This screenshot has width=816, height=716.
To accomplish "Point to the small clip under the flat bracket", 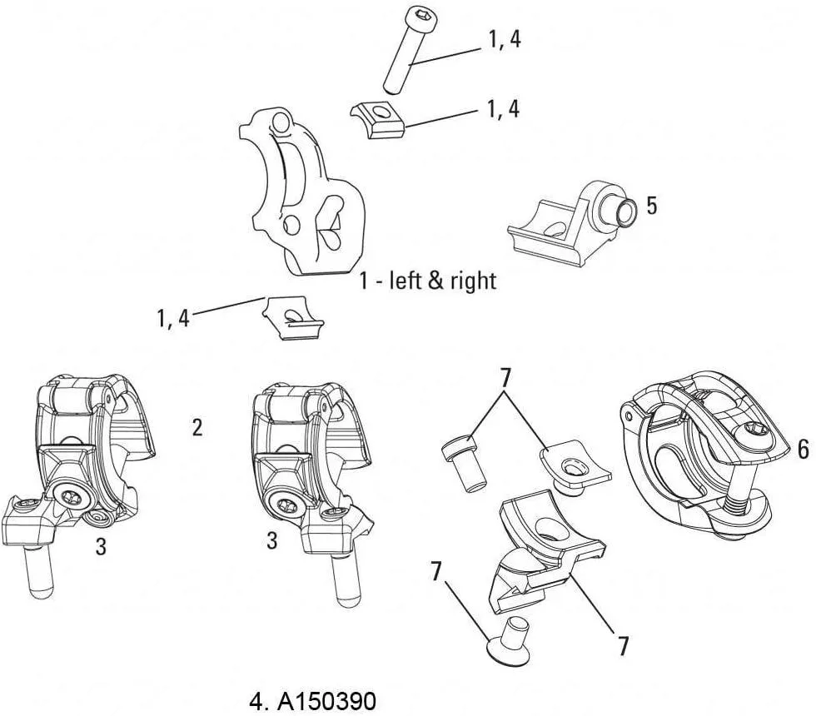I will (x=291, y=319).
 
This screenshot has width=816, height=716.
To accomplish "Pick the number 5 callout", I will (x=651, y=205).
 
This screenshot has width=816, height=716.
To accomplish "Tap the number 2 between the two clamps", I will (x=197, y=427).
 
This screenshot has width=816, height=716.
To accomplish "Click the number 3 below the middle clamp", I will (x=271, y=541).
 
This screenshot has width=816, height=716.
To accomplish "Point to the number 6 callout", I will (x=803, y=450).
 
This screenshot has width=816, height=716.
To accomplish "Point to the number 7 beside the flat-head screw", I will (x=436, y=572).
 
